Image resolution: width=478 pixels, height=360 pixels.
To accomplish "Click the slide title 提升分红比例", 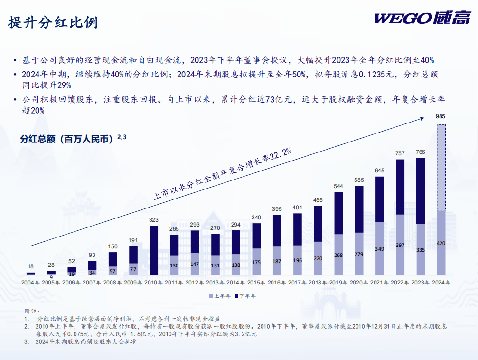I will [x=53, y=22].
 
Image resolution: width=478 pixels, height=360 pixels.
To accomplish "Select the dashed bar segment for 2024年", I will [x=441, y=168].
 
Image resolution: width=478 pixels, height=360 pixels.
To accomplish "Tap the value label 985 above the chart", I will [x=441, y=116].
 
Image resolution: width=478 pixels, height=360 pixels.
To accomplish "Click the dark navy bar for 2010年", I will [x=154, y=250].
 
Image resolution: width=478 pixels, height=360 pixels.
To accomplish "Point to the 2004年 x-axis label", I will [x=30, y=283].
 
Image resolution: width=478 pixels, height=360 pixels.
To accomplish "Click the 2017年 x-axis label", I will [x=297, y=283].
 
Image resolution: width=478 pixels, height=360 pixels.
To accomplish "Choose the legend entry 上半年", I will [x=220, y=296].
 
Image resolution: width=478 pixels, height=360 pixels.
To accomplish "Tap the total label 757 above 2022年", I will [x=400, y=153].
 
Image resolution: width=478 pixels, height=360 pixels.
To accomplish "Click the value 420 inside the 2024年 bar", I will [x=441, y=243].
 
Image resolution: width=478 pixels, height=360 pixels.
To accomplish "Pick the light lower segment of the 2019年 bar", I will [x=338, y=255].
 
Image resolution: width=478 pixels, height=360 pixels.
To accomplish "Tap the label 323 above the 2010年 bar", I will [x=154, y=220].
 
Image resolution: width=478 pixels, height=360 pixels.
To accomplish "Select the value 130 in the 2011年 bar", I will [x=174, y=265].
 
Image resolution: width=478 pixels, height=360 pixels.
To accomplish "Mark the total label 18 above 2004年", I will [x=30, y=267].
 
